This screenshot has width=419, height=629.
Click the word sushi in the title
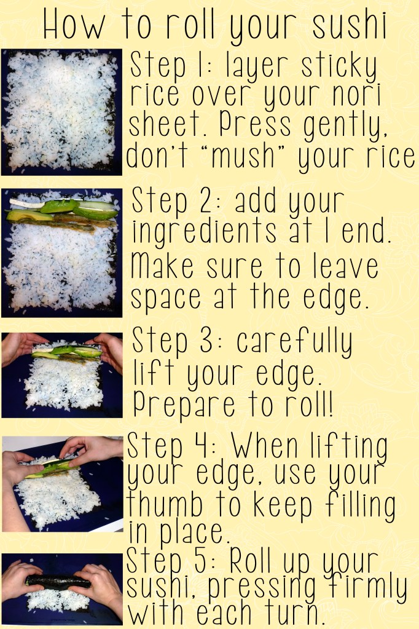click(x=349, y=25)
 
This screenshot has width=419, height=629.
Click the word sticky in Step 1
click(x=339, y=68)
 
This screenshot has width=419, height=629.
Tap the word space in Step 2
click(x=166, y=298)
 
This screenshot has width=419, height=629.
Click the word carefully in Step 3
click(x=294, y=342)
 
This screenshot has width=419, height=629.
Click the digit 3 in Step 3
click(x=206, y=341)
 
